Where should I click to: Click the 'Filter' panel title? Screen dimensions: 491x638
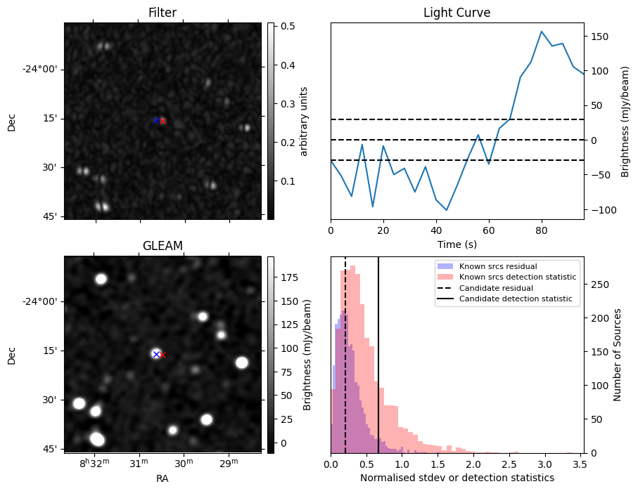coord(162,13)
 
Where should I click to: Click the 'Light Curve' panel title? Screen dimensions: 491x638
coord(457,13)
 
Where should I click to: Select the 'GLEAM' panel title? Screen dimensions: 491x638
coord(162,245)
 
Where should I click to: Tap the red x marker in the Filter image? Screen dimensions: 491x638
coord(162,121)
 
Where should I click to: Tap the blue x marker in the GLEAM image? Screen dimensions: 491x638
coord(156,354)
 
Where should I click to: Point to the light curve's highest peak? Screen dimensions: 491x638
coord(542,31)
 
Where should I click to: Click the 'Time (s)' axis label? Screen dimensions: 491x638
coord(457,243)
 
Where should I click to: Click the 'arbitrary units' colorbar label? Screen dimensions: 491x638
coord(304,121)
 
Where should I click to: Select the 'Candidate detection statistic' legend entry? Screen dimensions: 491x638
coord(515,299)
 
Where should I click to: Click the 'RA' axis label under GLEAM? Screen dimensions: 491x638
coord(162,478)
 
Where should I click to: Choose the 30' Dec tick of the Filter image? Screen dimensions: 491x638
coord(50,168)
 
